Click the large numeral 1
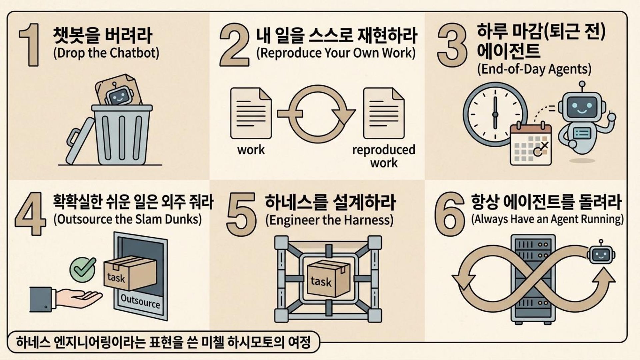point(31,45)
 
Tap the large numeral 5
point(241,215)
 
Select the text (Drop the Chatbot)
point(106,53)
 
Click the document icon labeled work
point(251,113)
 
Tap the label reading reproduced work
point(384,156)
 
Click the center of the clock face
point(495,115)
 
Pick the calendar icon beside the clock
point(531,144)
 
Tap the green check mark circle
point(82,269)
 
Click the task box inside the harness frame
point(328,279)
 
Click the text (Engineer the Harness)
point(329,220)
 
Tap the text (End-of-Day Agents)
point(534,69)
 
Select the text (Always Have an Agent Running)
point(547,219)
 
